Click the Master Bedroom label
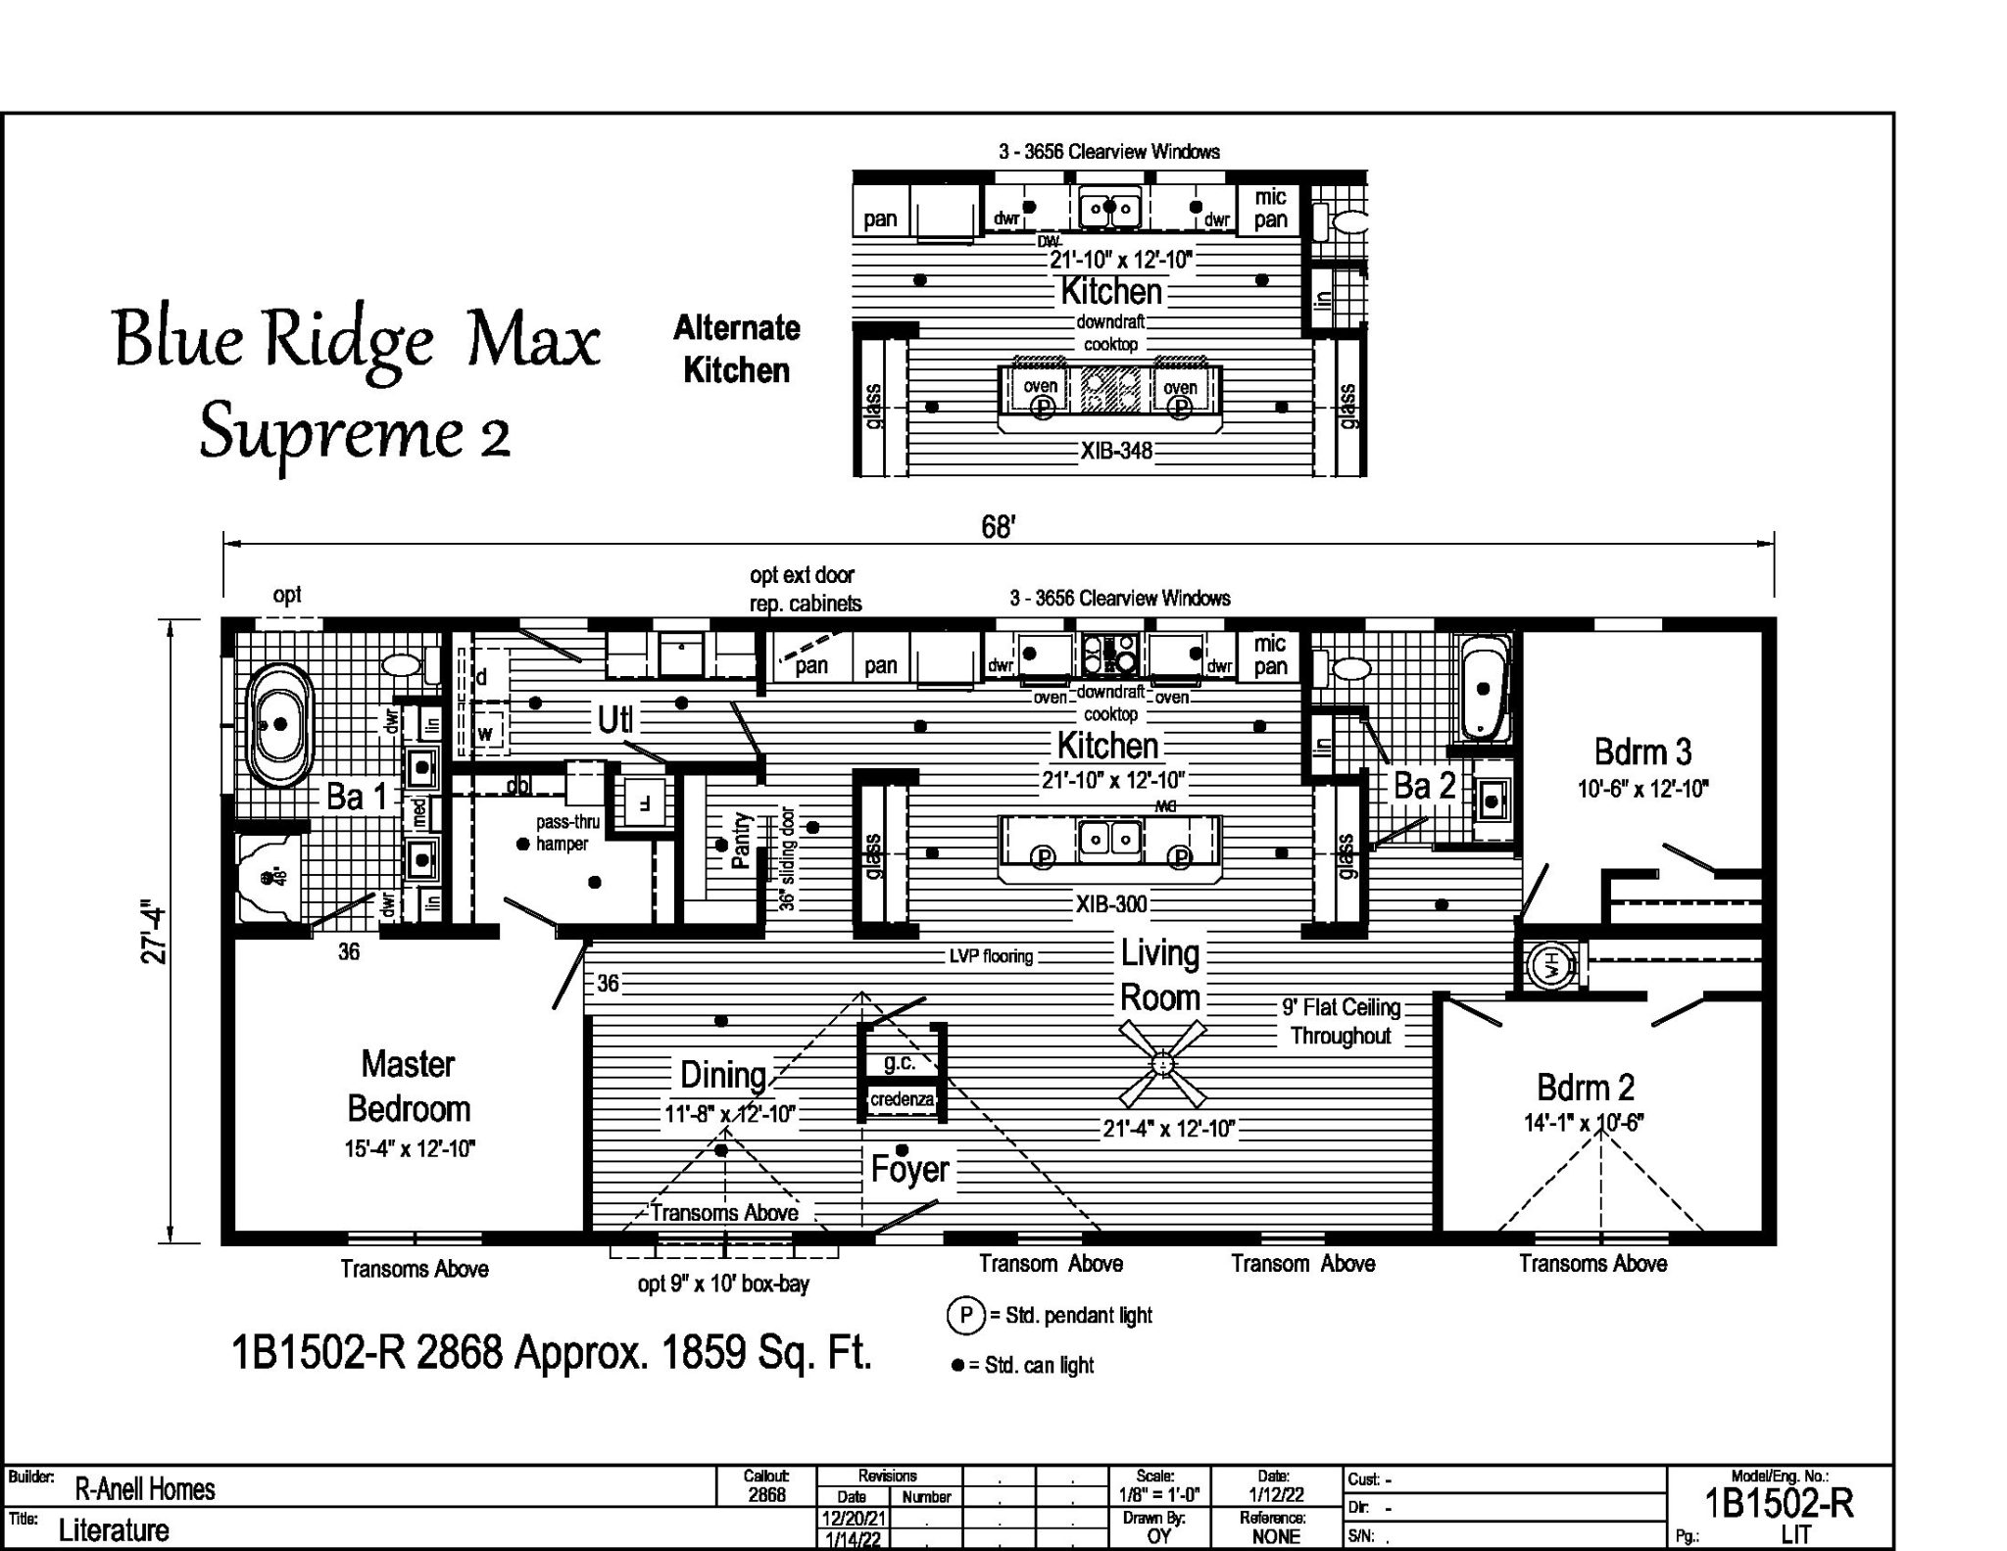tap(408, 1086)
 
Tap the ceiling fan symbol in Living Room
tap(1163, 1062)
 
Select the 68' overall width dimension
tap(997, 527)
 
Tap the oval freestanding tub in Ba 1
tap(279, 725)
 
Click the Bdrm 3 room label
tap(1642, 751)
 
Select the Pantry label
tap(741, 840)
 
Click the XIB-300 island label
tap(1111, 903)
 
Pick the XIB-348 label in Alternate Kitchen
tap(1116, 452)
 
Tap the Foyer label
tap(909, 1168)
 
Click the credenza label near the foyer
tap(902, 1099)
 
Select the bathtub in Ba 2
tap(1485, 689)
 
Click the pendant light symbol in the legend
tap(965, 1315)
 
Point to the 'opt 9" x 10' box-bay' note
tap(723, 1283)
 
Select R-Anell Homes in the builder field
tap(145, 1489)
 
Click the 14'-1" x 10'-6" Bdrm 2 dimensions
tap(1583, 1123)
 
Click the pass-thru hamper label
tap(566, 833)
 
